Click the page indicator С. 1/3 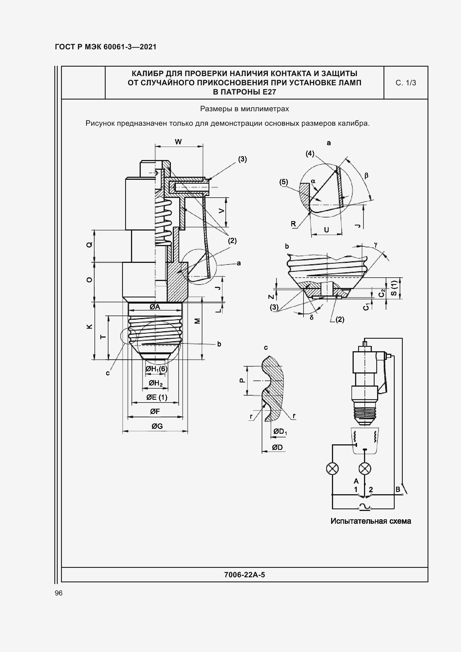406,83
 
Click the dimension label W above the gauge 178,142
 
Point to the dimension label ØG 157,426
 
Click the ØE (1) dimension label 157,397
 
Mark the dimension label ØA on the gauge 155,307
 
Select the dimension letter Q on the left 89,244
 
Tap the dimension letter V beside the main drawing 221,211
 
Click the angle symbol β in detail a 366,176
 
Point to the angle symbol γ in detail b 376,244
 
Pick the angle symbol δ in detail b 311,317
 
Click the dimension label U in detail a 326,230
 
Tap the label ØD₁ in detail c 280,432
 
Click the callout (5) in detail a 283,182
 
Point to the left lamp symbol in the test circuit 333,468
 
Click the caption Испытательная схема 371,521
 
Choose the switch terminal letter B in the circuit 398,489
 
